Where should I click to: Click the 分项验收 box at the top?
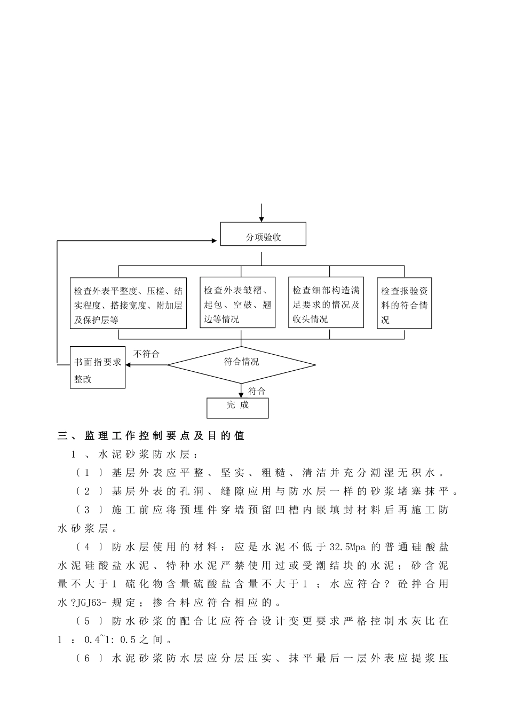263,235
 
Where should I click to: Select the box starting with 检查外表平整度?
128,303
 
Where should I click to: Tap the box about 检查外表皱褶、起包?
237,302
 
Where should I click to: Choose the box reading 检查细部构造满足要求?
326,302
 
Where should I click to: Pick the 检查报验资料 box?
404,303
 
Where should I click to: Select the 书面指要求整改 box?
98,368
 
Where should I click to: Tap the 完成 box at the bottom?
237,408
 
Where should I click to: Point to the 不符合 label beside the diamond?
146,354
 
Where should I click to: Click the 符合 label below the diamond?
257,391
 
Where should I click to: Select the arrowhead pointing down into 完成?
241,394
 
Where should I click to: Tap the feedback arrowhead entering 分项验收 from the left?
217,241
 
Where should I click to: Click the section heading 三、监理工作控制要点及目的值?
151,436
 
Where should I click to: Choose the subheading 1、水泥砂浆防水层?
136,455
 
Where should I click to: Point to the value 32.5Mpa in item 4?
347,547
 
